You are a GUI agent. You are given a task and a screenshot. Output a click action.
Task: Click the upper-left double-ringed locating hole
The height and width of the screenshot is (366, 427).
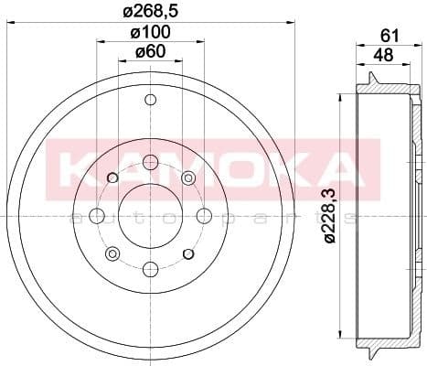(x=113, y=178)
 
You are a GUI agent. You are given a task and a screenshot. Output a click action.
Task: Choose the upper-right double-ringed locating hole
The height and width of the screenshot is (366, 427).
(x=188, y=178)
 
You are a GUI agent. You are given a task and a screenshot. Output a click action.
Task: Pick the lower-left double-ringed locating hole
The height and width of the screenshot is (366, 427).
(x=113, y=253)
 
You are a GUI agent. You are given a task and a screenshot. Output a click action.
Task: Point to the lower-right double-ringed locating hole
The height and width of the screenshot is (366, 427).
(x=188, y=253)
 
